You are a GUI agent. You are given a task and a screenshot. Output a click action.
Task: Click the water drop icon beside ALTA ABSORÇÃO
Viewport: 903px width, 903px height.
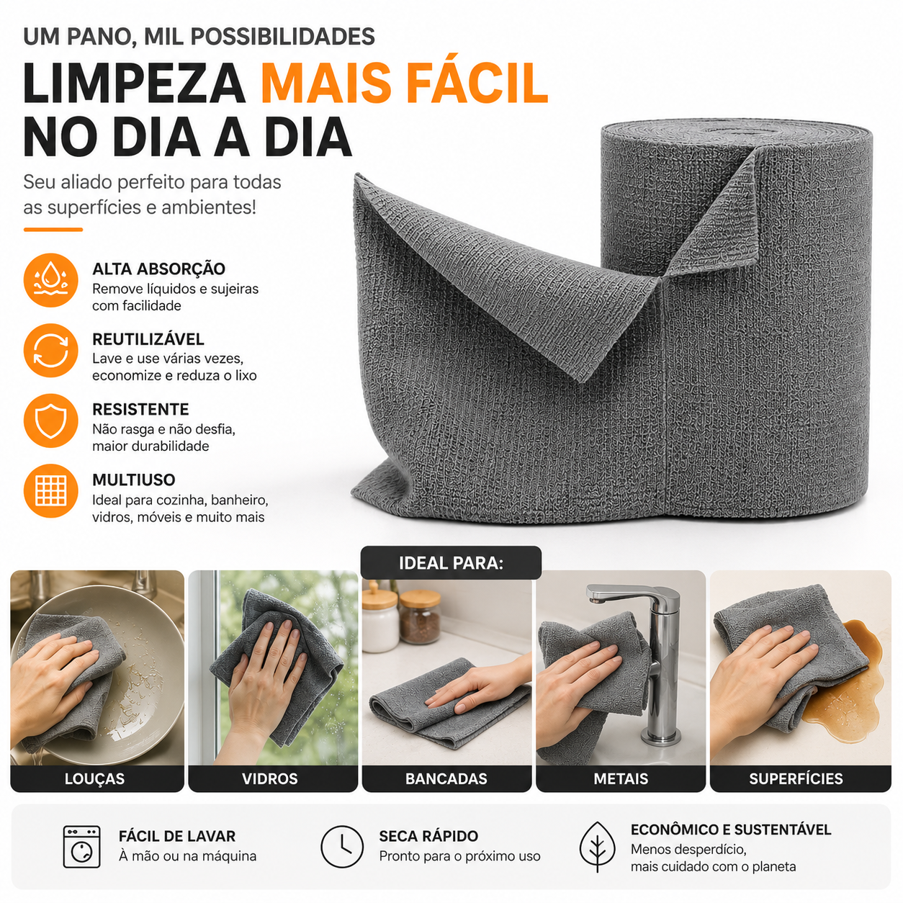click(50, 280)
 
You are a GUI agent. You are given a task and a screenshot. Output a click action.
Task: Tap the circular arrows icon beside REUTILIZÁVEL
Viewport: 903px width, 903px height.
click(50, 351)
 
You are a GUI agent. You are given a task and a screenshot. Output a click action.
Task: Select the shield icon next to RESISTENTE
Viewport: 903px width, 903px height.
click(50, 421)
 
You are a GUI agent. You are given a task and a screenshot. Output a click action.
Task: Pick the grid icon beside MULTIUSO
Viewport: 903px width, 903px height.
click(50, 490)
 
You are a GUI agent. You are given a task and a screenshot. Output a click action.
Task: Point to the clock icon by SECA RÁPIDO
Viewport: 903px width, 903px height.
click(342, 846)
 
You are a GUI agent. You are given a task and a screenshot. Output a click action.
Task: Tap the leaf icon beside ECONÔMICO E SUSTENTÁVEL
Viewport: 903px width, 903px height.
click(597, 846)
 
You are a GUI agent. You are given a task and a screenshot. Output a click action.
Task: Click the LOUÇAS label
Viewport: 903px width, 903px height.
click(94, 778)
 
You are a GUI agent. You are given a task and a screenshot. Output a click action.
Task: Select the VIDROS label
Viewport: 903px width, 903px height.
click(270, 778)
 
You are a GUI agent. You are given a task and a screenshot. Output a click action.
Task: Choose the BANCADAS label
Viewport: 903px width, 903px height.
click(446, 778)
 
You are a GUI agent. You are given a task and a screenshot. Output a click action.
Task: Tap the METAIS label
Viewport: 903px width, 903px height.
click(621, 778)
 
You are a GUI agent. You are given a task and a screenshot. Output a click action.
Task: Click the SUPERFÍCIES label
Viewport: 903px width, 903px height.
click(796, 778)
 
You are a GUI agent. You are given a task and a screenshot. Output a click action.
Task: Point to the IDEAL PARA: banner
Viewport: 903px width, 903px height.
click(451, 563)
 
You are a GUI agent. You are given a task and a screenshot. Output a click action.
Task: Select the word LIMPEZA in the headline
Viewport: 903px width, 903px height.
click(135, 84)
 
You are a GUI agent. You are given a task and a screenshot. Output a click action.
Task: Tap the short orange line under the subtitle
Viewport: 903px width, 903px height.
click(53, 230)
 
